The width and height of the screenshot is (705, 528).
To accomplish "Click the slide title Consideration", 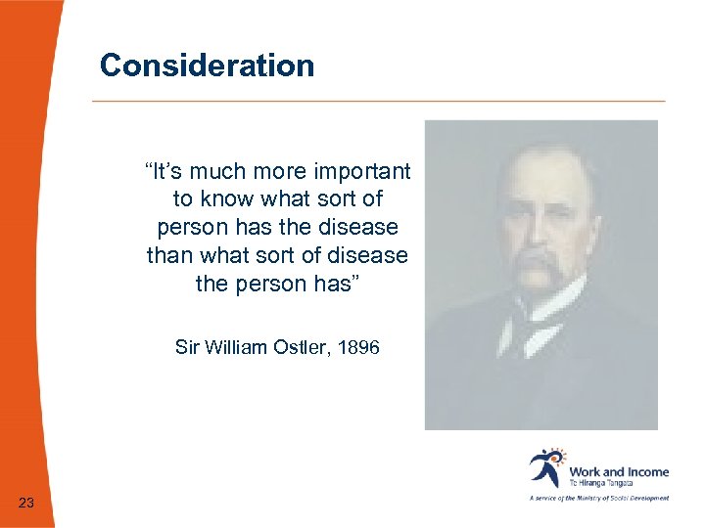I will [x=207, y=66].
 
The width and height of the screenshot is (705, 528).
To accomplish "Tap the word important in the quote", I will [x=363, y=172].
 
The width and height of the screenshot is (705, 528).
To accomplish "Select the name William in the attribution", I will [x=233, y=346].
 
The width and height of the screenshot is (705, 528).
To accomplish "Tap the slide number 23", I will [x=26, y=503].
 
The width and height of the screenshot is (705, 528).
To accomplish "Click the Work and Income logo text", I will [x=619, y=471].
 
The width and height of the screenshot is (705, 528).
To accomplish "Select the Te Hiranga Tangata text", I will [x=601, y=483].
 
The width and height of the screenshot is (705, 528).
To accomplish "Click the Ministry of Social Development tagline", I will [x=599, y=498].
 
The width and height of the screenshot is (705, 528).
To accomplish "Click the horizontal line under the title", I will [x=378, y=101].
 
